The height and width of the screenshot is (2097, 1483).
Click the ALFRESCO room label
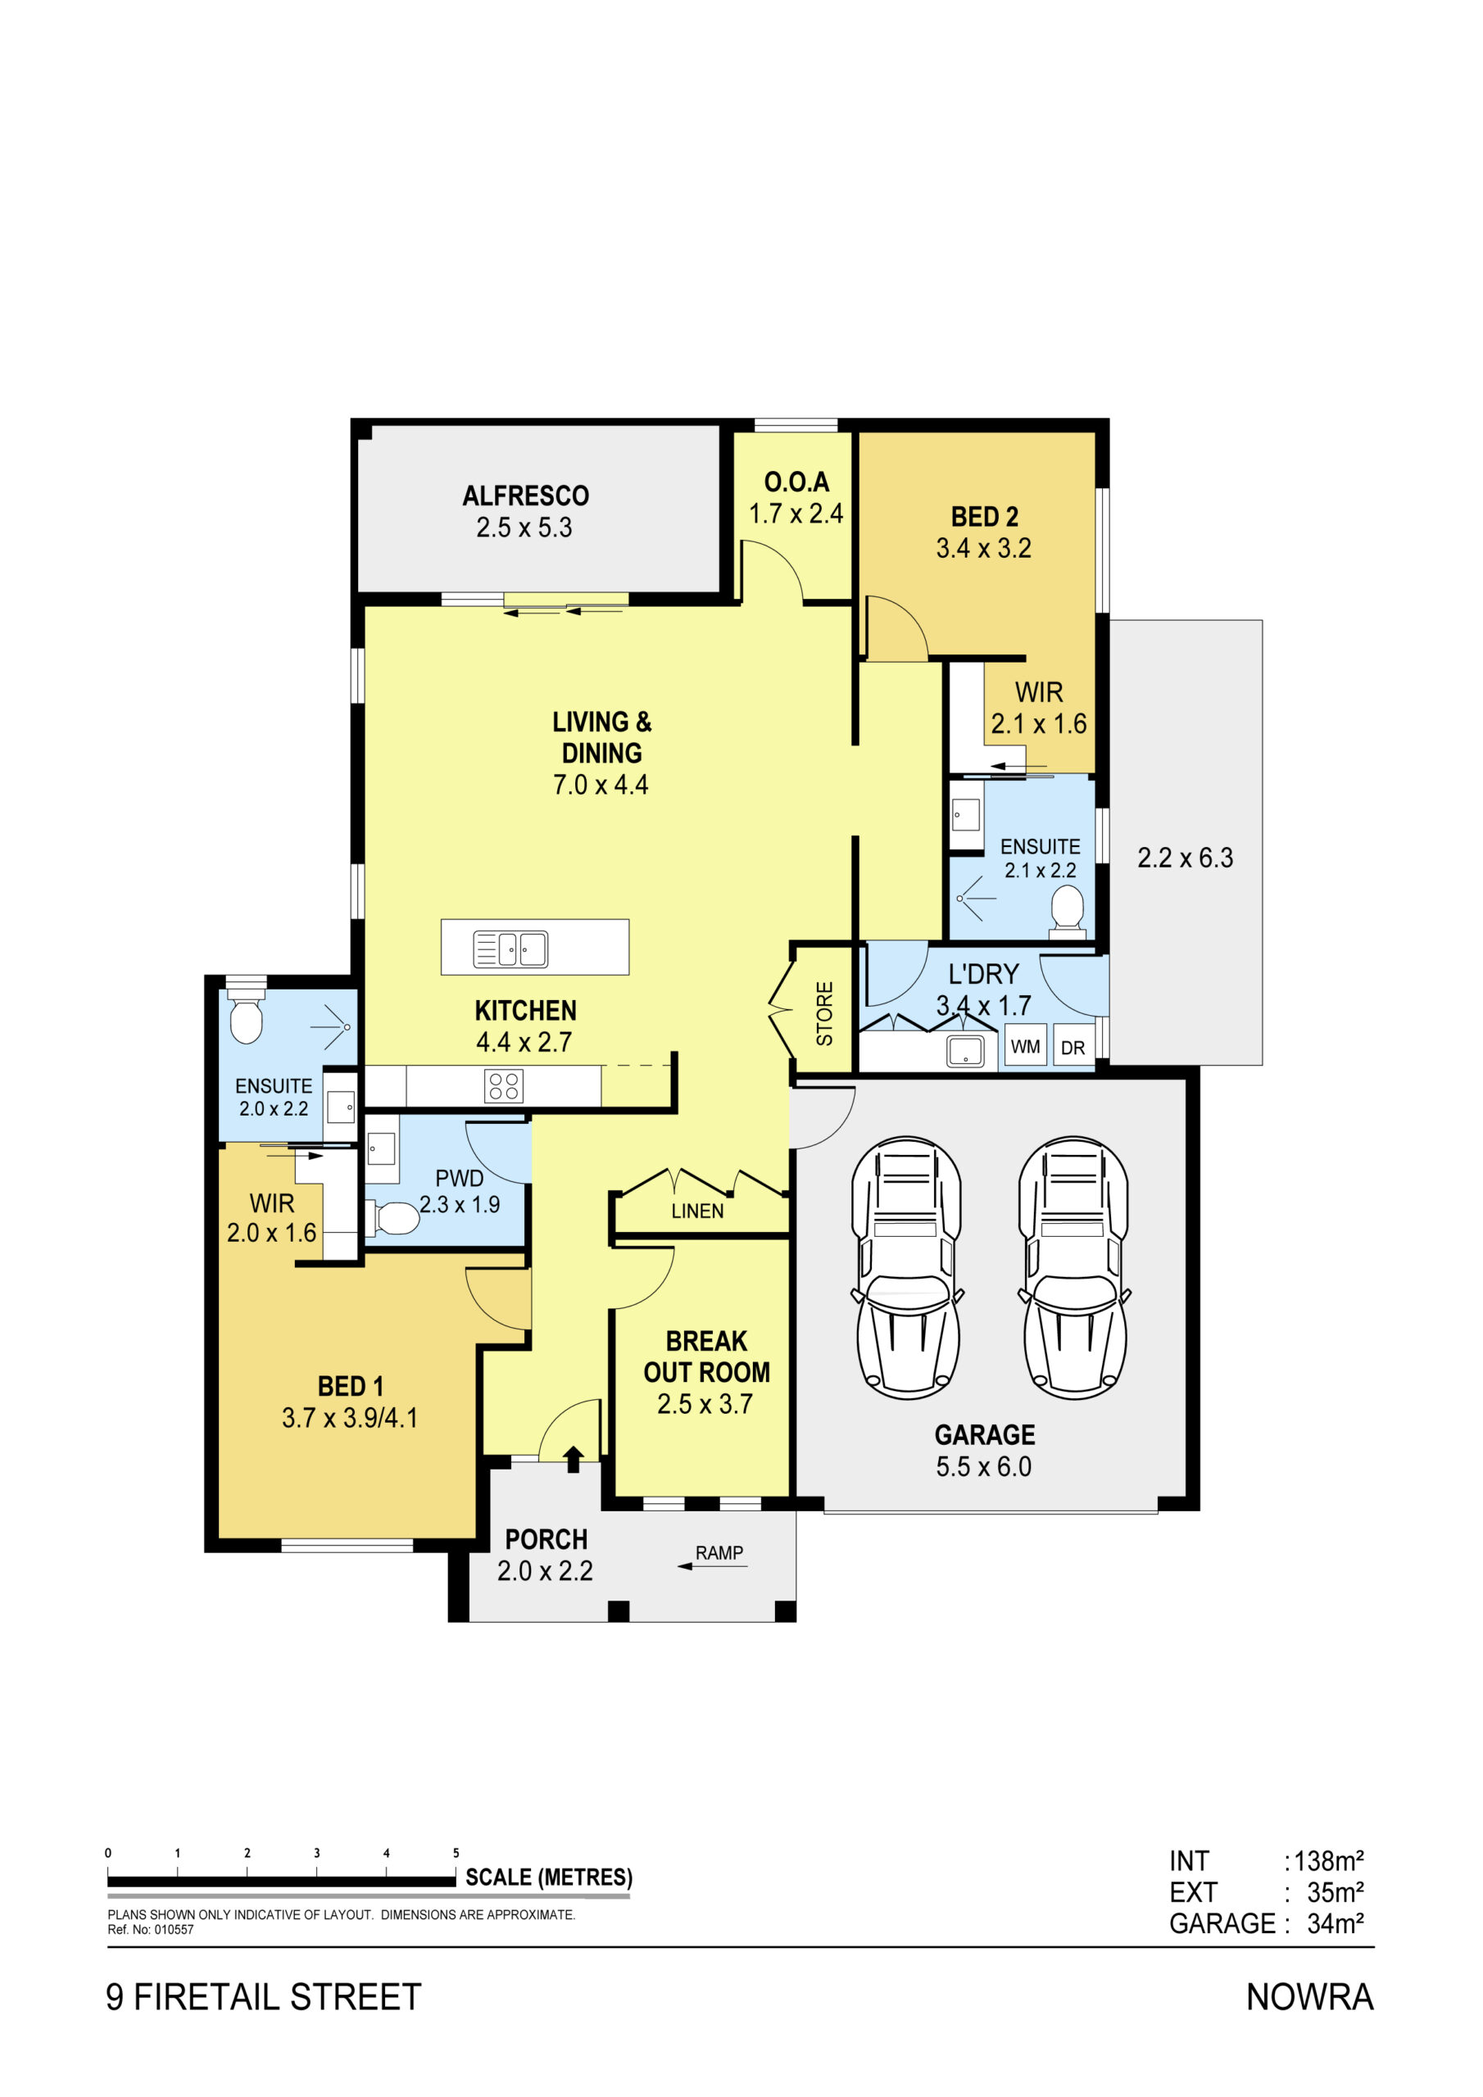[x=525, y=496]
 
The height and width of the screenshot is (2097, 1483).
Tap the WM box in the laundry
[x=1025, y=1046]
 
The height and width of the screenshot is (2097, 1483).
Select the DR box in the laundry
[x=1073, y=1047]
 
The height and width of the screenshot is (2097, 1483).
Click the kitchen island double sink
[x=510, y=949]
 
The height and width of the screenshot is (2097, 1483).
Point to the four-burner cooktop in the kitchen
[x=503, y=1086]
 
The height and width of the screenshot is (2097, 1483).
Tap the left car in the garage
[x=906, y=1268]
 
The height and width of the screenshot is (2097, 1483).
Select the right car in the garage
[x=1073, y=1268]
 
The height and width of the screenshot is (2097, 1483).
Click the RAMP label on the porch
[x=719, y=1552]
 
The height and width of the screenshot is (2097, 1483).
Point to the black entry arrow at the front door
[x=573, y=1459]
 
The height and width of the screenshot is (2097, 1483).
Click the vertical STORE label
[x=824, y=1014]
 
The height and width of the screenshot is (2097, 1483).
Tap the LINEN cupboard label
[x=697, y=1211]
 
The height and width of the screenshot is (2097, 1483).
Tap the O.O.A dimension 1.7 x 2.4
[x=796, y=514]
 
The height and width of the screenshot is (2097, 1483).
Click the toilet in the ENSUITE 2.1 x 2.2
[x=1068, y=911]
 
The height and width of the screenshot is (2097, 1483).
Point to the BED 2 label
[x=984, y=517]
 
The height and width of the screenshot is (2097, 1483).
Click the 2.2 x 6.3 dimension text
[x=1185, y=858]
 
